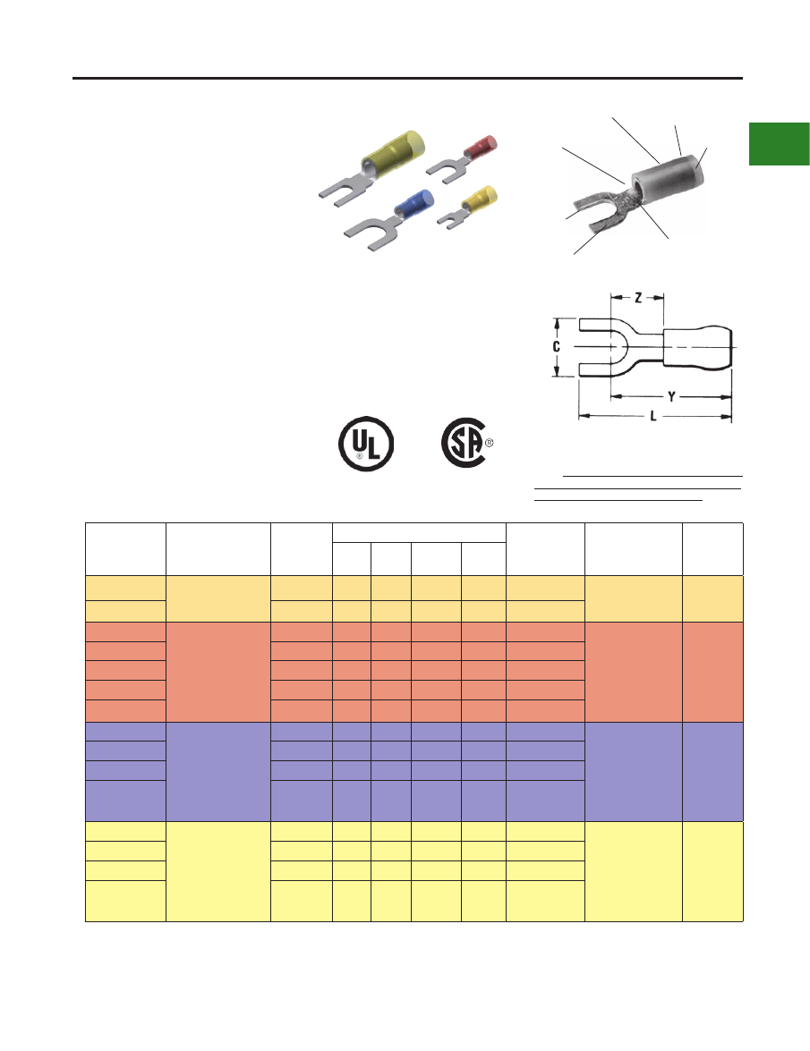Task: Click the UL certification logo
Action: pyautogui.click(x=365, y=444)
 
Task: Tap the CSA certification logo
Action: pyautogui.click(x=463, y=443)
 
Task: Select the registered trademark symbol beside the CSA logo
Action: pyautogui.click(x=490, y=443)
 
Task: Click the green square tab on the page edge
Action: pyautogui.click(x=780, y=143)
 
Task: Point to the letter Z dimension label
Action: pyautogui.click(x=637, y=298)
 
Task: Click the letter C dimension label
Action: pyautogui.click(x=556, y=346)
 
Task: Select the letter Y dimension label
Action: pyautogui.click(x=671, y=397)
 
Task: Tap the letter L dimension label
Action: pyautogui.click(x=653, y=416)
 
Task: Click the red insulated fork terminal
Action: pyautogui.click(x=463, y=159)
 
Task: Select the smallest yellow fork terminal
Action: pyautogui.click(x=468, y=208)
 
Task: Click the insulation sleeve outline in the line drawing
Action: pyautogui.click(x=697, y=347)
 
